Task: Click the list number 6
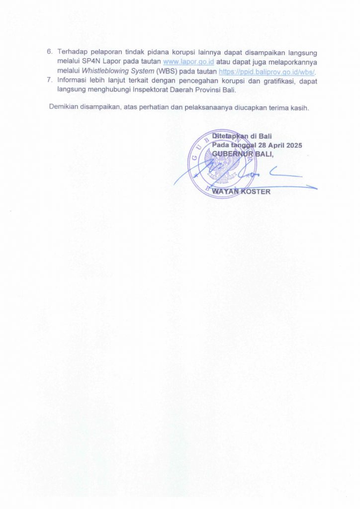click(49, 52)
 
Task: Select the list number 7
click(49, 80)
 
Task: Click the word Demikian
click(65, 108)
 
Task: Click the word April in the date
click(272, 145)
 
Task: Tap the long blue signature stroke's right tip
click(316, 187)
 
